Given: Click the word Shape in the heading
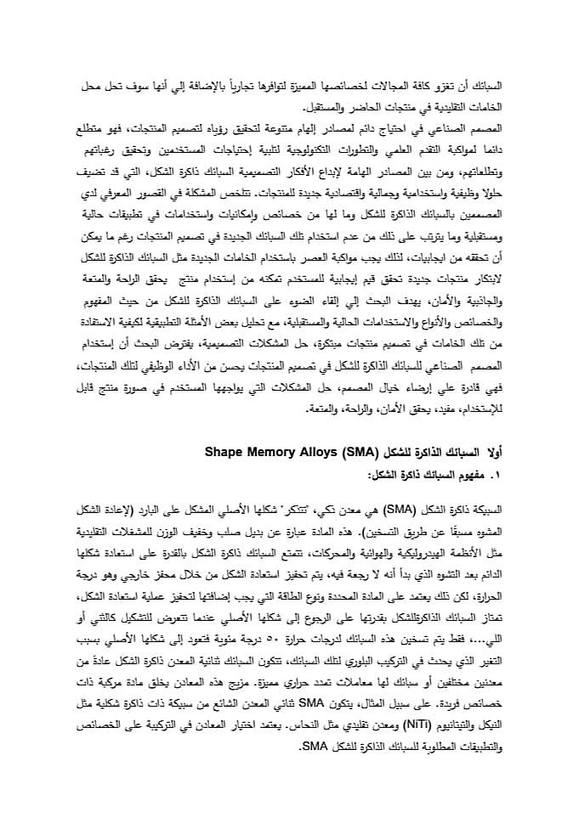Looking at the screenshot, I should coord(223,451).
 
